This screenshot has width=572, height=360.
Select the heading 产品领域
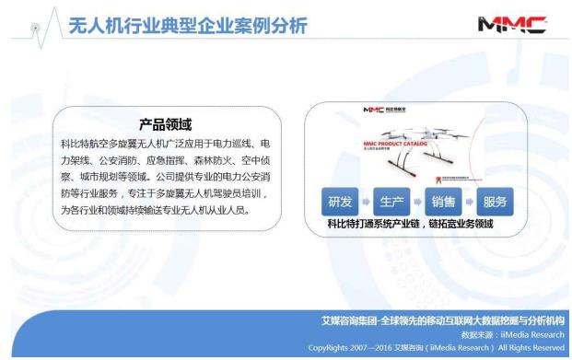pyautogui.click(x=158, y=124)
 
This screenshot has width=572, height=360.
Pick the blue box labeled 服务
pyautogui.click(x=495, y=201)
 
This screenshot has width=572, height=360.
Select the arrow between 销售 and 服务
pyautogui.click(x=470, y=201)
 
